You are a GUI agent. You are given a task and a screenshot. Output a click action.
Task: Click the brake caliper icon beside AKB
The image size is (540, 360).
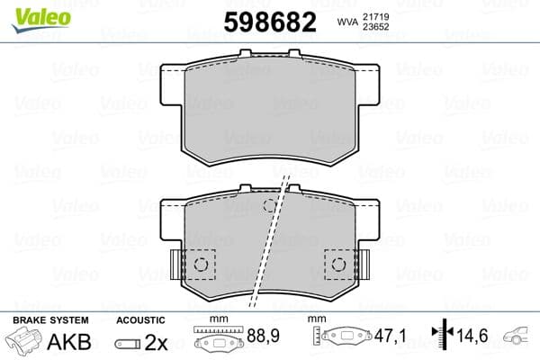pos(23,342)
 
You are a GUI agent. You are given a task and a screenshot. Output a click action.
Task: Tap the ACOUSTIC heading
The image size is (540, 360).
pos(140,319)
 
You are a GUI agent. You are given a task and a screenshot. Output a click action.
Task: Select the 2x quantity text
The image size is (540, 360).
pos(157,342)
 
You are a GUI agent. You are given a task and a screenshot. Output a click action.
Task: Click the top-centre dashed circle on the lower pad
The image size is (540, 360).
pos(270,205)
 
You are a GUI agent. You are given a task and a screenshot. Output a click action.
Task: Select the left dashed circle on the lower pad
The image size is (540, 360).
pos(202,264)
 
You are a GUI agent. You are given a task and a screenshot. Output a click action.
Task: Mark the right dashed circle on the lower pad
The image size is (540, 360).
pos(339,264)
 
